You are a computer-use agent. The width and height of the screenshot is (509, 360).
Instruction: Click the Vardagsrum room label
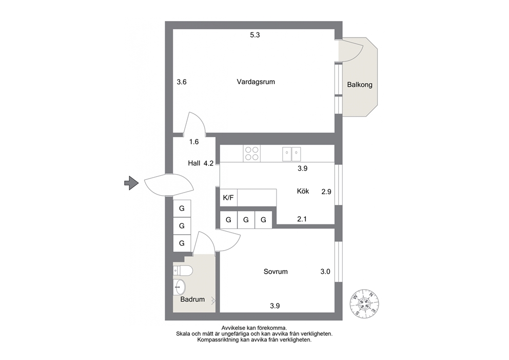click(256, 82)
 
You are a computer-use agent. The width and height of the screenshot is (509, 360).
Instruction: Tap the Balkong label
click(360, 85)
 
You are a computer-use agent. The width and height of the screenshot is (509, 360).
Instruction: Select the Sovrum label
click(276, 272)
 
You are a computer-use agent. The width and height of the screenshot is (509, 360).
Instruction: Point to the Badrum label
click(192, 299)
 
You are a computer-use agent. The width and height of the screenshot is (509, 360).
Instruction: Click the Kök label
click(303, 191)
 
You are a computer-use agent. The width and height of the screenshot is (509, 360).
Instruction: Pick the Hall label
click(194, 163)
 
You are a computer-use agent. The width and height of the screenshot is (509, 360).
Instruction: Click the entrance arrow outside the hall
click(131, 183)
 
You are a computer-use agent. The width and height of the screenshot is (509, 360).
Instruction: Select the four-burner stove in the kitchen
click(251, 154)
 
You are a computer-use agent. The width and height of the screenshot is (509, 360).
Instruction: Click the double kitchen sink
click(291, 154)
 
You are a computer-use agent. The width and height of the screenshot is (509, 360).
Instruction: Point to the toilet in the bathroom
click(183, 270)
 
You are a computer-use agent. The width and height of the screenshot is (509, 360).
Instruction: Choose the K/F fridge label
click(228, 198)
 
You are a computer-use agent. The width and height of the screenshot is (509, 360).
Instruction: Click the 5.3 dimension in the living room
click(255, 35)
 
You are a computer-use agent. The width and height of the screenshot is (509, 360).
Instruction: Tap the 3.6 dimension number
click(182, 82)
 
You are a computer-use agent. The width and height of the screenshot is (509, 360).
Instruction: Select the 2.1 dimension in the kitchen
click(302, 219)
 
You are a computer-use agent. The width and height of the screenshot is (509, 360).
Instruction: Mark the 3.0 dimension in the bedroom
click(325, 272)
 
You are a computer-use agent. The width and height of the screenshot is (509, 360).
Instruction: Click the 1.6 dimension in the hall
click(194, 142)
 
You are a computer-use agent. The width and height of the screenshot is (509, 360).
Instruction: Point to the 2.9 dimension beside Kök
click(326, 192)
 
